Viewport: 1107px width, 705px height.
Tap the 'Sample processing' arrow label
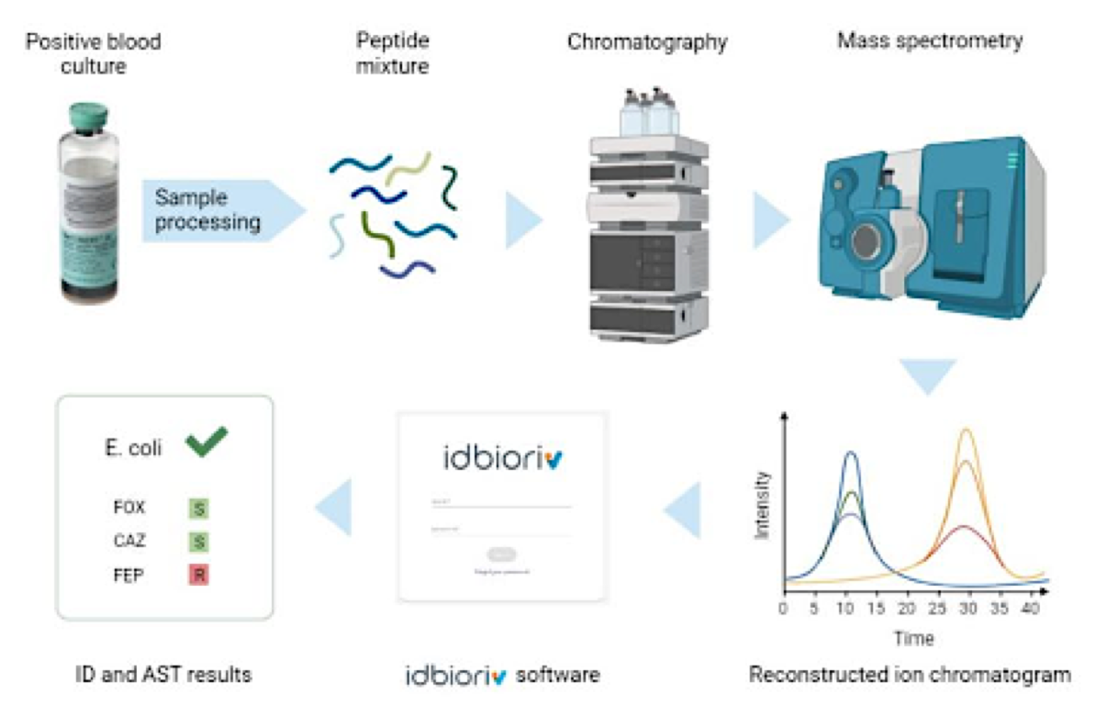point(207,209)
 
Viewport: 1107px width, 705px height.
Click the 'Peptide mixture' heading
point(392,54)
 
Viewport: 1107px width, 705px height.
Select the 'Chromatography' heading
point(646,42)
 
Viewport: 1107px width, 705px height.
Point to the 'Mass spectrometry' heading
point(930,41)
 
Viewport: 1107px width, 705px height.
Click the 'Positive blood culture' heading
point(93,54)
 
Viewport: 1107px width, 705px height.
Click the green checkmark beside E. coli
point(206,445)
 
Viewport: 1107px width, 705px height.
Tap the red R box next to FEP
point(197,576)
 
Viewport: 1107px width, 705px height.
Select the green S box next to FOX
point(197,508)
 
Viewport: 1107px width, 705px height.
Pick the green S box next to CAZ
point(197,542)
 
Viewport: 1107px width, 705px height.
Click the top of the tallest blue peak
point(850,452)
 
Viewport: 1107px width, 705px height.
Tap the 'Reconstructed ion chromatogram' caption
point(910,676)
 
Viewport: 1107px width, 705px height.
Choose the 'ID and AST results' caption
point(163,676)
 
